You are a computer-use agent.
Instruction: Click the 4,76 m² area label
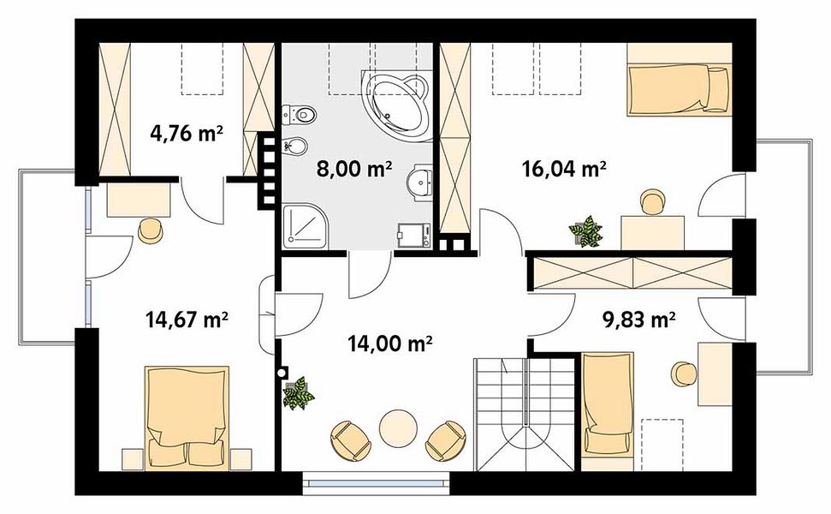186,133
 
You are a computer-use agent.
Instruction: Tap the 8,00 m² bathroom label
354,169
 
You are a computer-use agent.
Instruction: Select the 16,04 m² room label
564,170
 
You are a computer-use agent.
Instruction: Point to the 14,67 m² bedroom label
187,320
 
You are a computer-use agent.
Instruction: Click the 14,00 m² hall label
390,344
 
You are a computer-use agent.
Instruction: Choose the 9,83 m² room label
639,320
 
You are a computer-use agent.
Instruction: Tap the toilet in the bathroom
300,114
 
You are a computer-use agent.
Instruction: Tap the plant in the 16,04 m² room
585,232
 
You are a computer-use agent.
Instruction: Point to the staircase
525,415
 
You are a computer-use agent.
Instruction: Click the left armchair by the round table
350,439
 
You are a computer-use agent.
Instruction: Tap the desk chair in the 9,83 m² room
684,374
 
